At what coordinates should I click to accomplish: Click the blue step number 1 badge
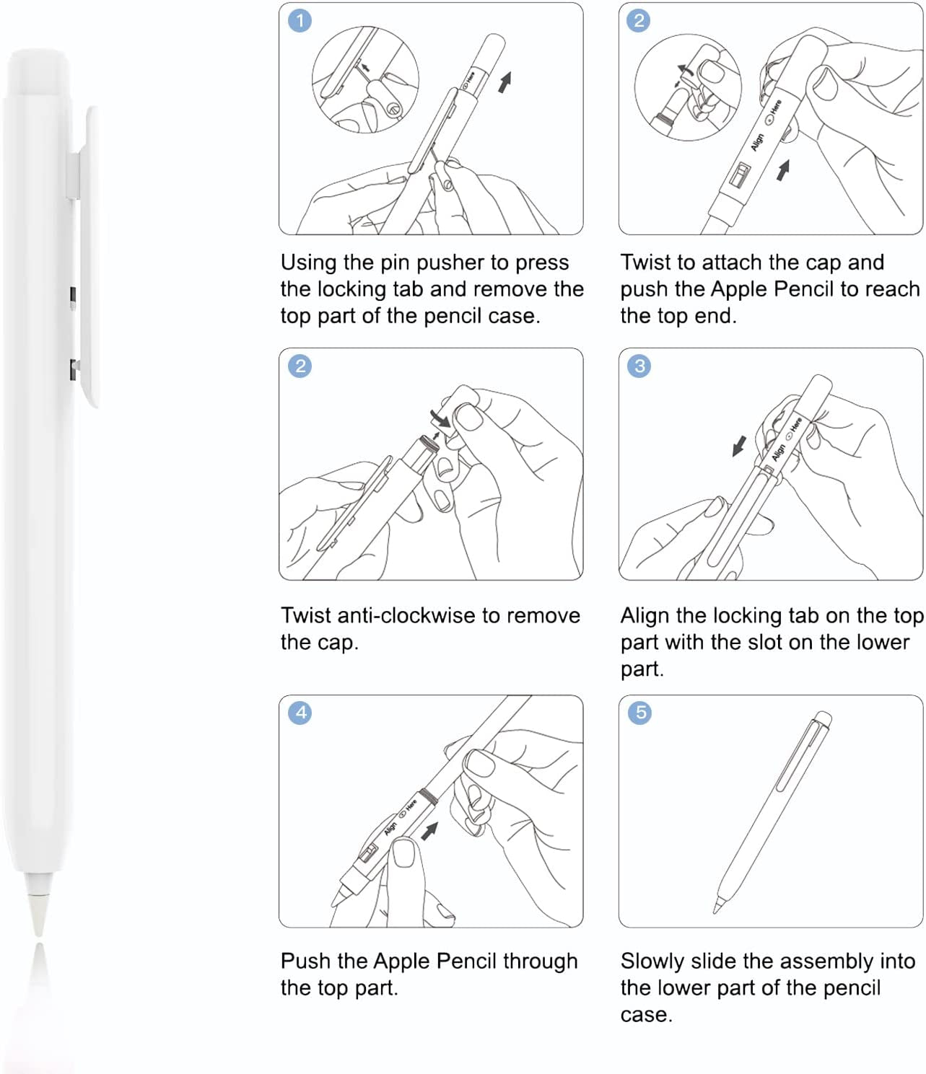coord(300,20)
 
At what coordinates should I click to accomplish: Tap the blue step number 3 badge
coord(639,366)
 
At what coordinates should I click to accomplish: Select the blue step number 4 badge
coord(300,713)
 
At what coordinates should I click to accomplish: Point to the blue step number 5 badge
coord(639,713)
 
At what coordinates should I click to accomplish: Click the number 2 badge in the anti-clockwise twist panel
coord(300,366)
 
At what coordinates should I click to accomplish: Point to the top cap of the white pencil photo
coord(38,72)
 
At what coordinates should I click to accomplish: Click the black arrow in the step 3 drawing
coord(739,446)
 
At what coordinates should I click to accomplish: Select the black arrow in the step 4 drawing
coord(429,831)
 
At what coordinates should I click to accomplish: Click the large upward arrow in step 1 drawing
coord(505,82)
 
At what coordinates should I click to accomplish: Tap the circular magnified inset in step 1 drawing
coord(364,79)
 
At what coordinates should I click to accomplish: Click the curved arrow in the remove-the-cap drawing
coord(439,416)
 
